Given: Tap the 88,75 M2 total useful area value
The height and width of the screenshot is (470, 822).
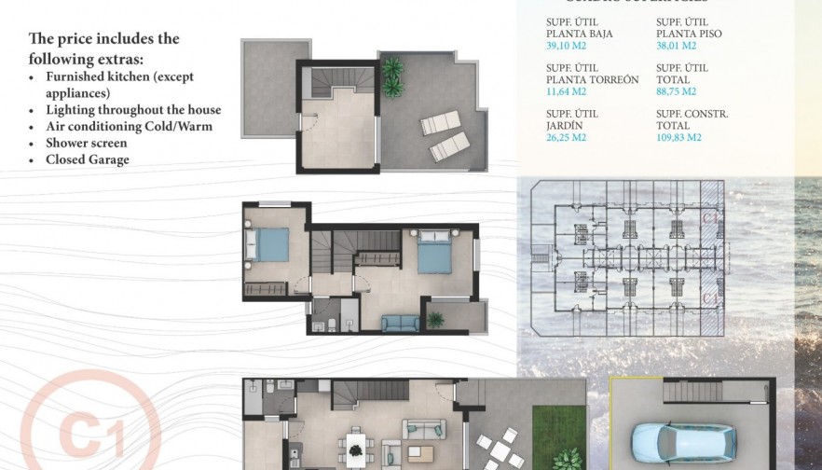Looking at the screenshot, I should coord(676,91).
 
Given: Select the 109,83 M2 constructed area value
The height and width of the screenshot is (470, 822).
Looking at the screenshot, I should coord(678,137).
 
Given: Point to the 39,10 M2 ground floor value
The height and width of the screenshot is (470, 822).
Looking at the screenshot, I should coord(566,46).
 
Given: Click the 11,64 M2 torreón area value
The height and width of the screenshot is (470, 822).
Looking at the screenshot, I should coord(566,91).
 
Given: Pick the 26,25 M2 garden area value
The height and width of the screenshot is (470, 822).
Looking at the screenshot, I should coord(566,137).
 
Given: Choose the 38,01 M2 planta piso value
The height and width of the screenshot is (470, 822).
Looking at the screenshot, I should coord(676,46).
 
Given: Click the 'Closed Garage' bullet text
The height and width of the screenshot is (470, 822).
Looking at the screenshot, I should coord(88,159).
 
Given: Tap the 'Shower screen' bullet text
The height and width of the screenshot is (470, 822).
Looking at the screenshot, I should coord(87,143).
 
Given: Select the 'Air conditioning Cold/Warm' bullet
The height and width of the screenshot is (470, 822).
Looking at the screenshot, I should coord(129,126).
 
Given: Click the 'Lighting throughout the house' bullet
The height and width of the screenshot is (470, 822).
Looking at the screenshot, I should coord(133,109).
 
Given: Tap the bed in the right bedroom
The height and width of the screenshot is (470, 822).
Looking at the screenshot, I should coord(434,252).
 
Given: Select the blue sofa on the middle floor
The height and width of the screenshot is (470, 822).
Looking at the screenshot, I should coord(400,323).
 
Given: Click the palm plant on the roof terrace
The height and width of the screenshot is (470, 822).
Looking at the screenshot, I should coord(392,76).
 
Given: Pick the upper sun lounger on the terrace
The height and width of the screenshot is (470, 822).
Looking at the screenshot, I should coord(440,122).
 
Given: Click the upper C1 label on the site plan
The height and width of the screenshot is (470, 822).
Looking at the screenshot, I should coord(711,217).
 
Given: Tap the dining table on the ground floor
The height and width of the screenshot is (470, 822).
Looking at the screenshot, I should coord(355,447).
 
